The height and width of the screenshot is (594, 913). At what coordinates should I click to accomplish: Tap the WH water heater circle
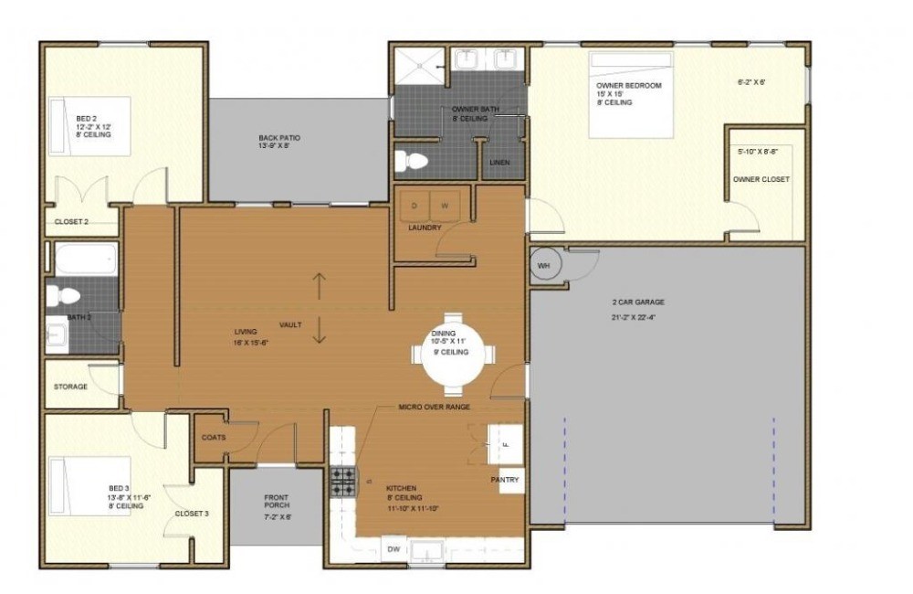point(545,265)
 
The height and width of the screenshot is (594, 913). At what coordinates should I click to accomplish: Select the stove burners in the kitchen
point(342,481)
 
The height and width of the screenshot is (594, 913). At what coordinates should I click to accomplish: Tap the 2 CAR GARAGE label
point(637,302)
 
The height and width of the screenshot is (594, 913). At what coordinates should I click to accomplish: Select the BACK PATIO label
point(278,138)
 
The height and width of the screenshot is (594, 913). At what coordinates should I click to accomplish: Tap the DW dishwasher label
point(393,549)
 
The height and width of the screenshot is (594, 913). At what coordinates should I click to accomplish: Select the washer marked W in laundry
point(445,206)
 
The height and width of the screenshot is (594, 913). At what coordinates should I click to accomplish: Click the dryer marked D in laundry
point(415,206)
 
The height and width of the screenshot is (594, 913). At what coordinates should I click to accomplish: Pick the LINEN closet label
point(498,163)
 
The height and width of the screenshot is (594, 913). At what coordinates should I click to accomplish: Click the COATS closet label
point(213,437)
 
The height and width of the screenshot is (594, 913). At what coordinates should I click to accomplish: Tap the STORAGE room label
point(70,387)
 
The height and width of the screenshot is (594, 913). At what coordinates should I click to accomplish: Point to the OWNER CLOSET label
point(761,179)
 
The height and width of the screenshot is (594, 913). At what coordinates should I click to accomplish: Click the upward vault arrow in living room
point(319,286)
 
